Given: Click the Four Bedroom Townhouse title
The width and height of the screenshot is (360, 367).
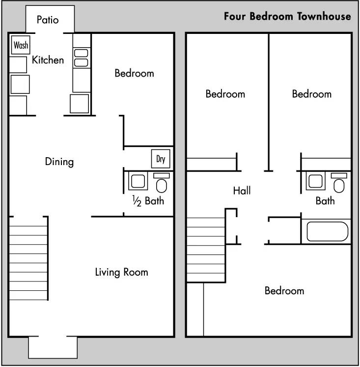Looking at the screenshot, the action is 287,16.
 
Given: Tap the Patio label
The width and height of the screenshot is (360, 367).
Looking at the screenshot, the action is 48,20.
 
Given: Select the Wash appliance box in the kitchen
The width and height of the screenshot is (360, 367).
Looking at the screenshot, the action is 21,45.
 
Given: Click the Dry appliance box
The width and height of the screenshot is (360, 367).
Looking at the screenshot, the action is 161,159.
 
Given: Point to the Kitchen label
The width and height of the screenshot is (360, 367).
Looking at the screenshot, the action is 48,60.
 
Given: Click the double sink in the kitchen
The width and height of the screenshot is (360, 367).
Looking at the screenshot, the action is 81,57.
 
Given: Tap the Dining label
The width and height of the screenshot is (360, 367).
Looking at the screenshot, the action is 59,162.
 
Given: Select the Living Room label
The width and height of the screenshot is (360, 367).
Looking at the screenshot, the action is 121,272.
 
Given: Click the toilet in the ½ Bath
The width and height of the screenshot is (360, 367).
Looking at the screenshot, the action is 162,183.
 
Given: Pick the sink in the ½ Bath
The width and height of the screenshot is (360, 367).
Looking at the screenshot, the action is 138,181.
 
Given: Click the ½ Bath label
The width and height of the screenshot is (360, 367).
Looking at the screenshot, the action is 148,201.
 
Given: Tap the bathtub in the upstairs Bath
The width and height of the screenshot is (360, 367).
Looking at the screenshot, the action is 327,231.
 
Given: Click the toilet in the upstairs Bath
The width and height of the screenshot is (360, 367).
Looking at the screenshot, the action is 339,183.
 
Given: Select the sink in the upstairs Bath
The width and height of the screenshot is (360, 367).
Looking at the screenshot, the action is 316,181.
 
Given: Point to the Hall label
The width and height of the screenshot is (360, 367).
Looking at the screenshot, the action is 242,191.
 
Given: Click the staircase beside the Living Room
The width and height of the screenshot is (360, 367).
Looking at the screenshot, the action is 28,258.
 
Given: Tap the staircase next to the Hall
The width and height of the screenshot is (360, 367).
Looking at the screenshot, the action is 206,250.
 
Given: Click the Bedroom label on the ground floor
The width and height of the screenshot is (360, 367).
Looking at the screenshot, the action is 134,73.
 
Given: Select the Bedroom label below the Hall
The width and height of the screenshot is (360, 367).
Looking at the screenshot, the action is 284,291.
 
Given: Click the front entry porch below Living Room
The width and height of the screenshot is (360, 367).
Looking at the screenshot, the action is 53,347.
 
